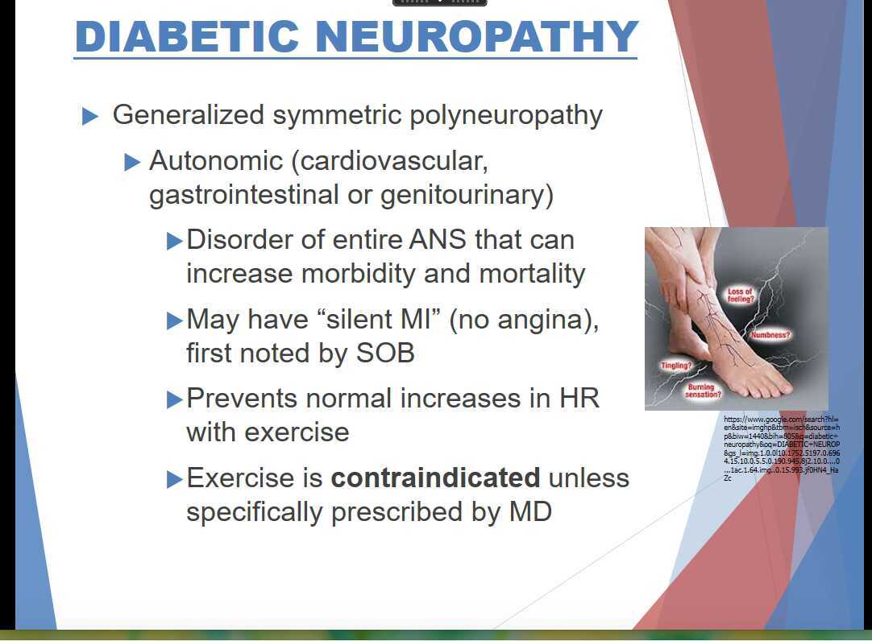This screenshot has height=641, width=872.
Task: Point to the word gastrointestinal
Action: [x=244, y=196]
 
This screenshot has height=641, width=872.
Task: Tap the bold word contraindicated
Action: [x=435, y=478]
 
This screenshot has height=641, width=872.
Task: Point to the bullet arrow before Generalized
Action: [x=90, y=117]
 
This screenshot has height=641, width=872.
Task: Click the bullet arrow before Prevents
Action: [x=174, y=399]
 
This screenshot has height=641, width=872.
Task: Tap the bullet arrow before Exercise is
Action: [x=174, y=479]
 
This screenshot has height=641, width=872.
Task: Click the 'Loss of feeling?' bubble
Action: [x=740, y=296]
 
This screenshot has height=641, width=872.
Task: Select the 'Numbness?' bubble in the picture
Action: [x=770, y=334]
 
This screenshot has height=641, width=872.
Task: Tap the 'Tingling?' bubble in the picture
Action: [x=677, y=366]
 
